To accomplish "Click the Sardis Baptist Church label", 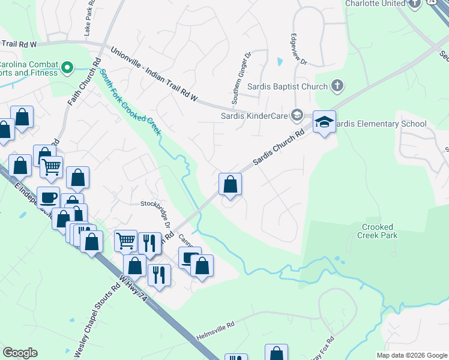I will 289,87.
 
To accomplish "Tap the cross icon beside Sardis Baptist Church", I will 337,86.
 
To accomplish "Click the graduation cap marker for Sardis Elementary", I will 324,122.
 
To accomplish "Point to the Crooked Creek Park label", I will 378,231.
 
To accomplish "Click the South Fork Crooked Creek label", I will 131,102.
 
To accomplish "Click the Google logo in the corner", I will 20,353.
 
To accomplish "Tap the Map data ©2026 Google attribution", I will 411,355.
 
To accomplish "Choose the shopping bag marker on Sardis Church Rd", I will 231,184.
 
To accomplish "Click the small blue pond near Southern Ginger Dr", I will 279,61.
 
